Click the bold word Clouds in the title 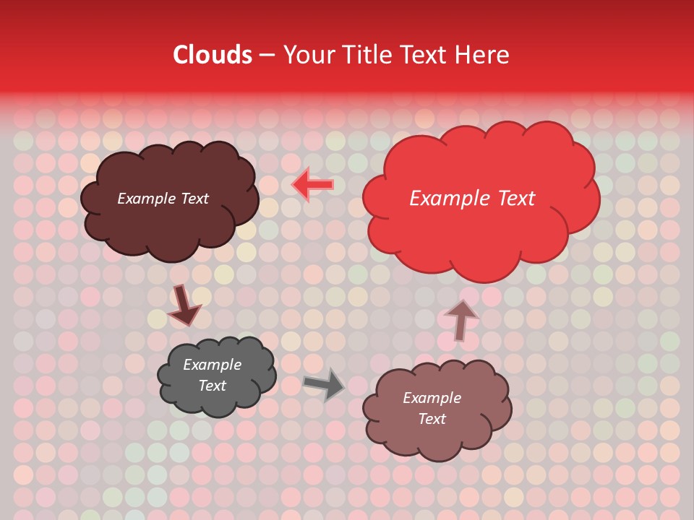213,55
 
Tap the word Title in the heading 366,55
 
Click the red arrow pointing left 313,185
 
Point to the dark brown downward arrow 184,306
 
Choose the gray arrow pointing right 325,383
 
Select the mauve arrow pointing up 461,318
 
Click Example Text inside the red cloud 472,199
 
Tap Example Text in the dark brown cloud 163,199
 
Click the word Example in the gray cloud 212,365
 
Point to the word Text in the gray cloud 212,386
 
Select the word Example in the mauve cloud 432,398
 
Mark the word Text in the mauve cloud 432,419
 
